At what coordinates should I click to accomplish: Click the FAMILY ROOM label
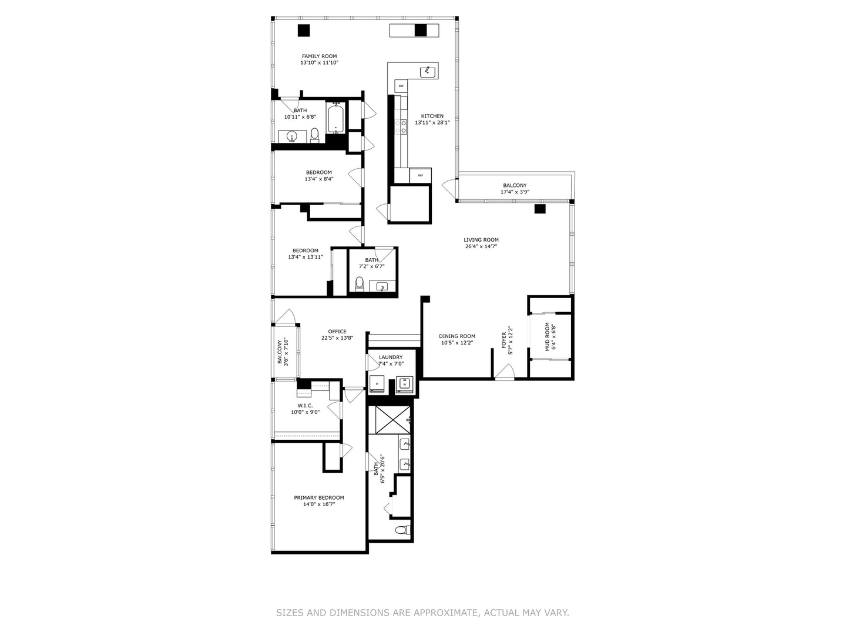[319, 56]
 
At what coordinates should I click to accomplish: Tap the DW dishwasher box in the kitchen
[401, 86]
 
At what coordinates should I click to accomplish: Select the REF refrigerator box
[420, 175]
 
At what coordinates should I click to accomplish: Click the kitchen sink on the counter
[428, 72]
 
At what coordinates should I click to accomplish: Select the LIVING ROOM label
[481, 240]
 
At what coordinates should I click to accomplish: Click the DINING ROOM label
[456, 336]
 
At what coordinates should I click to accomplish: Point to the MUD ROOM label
[547, 337]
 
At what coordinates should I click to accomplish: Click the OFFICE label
[337, 332]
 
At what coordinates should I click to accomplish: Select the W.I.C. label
[305, 406]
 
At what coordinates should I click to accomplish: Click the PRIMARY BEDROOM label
[319, 497]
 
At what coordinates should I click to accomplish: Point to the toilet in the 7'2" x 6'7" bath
[360, 285]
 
